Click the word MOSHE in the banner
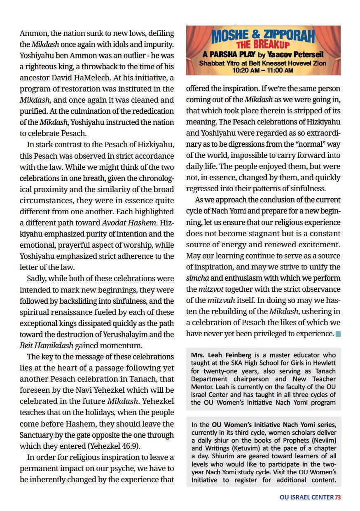point(229,38)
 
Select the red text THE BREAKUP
point(263,45)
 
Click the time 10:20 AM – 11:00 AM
point(263,70)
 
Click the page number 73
point(338,497)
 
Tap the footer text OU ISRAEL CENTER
point(306,497)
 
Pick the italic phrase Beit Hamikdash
point(46,345)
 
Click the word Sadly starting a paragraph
point(36,278)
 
